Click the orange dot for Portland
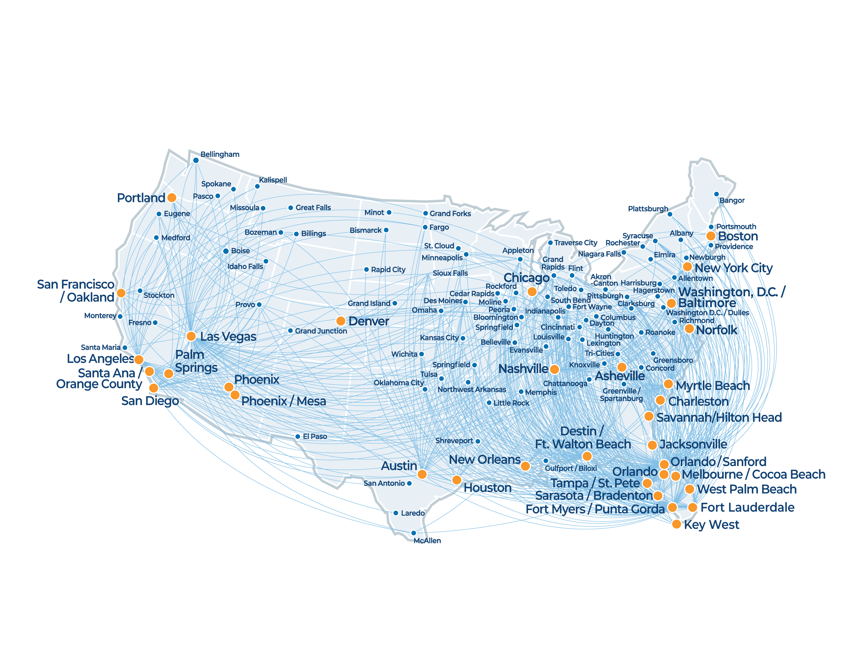(172, 198)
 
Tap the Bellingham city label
(220, 154)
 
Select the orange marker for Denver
(341, 321)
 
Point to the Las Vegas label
(228, 337)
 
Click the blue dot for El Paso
(298, 436)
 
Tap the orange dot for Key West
(676, 524)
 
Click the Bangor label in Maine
(732, 200)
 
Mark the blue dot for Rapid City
(366, 270)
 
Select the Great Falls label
(313, 207)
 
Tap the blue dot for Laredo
(396, 513)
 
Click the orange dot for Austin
(422, 474)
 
